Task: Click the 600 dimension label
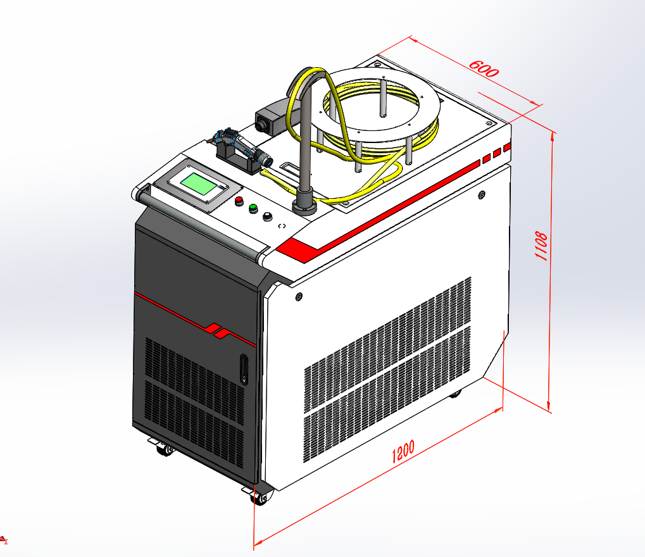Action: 484,69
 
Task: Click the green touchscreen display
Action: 199,184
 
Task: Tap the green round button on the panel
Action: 253,208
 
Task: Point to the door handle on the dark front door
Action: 244,369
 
